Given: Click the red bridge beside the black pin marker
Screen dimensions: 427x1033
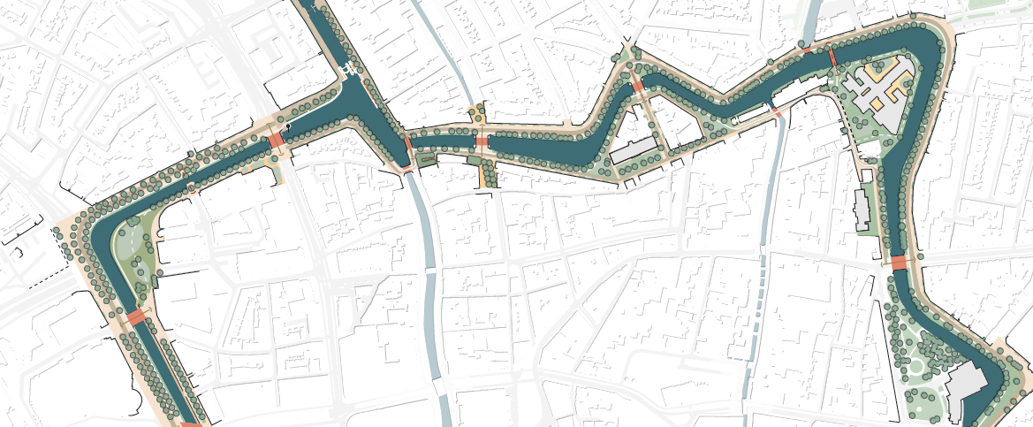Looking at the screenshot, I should (x=277, y=141).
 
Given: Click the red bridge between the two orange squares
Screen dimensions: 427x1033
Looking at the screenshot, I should (x=482, y=141).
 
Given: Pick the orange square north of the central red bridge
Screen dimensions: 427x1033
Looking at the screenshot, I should (x=477, y=112).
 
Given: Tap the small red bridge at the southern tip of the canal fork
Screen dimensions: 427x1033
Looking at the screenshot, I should (x=407, y=165).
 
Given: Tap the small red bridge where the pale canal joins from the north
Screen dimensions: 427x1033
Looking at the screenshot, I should (x=807, y=50).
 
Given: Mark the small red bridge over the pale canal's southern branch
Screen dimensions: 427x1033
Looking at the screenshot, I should (x=777, y=114).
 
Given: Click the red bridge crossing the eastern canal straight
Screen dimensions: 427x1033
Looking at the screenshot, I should (x=899, y=263).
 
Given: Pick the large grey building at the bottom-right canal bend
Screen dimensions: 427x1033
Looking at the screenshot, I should (x=965, y=389).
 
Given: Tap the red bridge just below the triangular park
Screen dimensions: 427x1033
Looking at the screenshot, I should (x=137, y=316).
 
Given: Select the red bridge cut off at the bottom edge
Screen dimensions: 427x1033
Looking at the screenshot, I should (x=190, y=423).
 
